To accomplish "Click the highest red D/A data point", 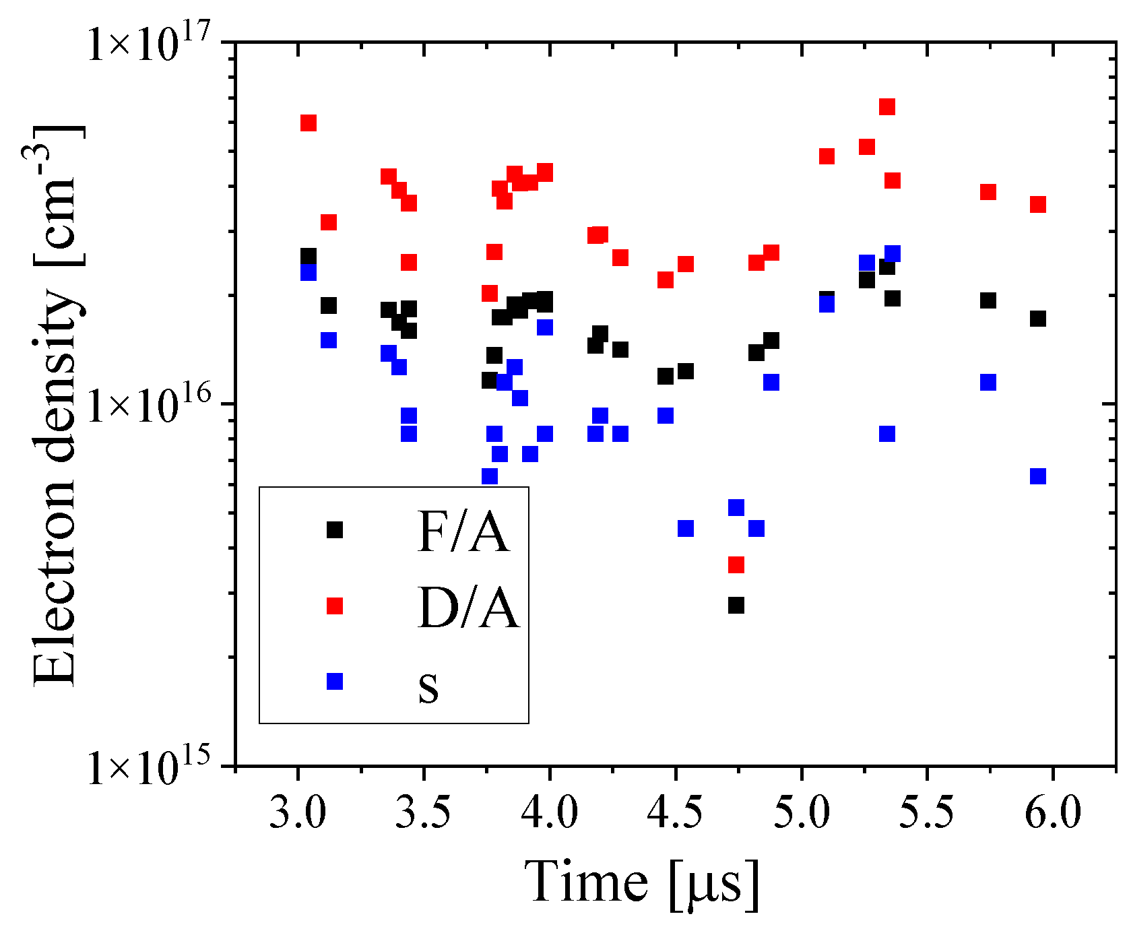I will [887, 107].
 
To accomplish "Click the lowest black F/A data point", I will [736, 606].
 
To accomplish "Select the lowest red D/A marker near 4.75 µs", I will [736, 565].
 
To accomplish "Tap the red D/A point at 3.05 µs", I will [309, 123].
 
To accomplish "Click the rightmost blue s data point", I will [1038, 476].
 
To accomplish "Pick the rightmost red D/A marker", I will [1038, 205].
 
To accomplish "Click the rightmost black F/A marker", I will [1038, 319].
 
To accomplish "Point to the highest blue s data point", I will [893, 254].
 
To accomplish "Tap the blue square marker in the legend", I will [335, 682].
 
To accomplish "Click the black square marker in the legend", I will [335, 530].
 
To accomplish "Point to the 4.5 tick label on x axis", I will [675, 812].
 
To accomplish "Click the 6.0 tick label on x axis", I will [1053, 812].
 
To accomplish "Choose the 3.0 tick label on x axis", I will [297, 812].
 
